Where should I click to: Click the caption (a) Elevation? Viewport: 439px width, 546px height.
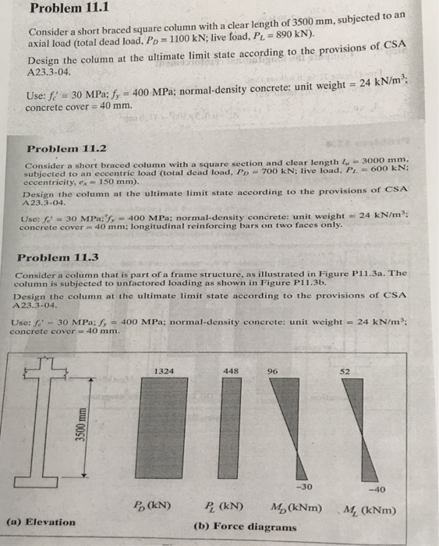tap(41, 522)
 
